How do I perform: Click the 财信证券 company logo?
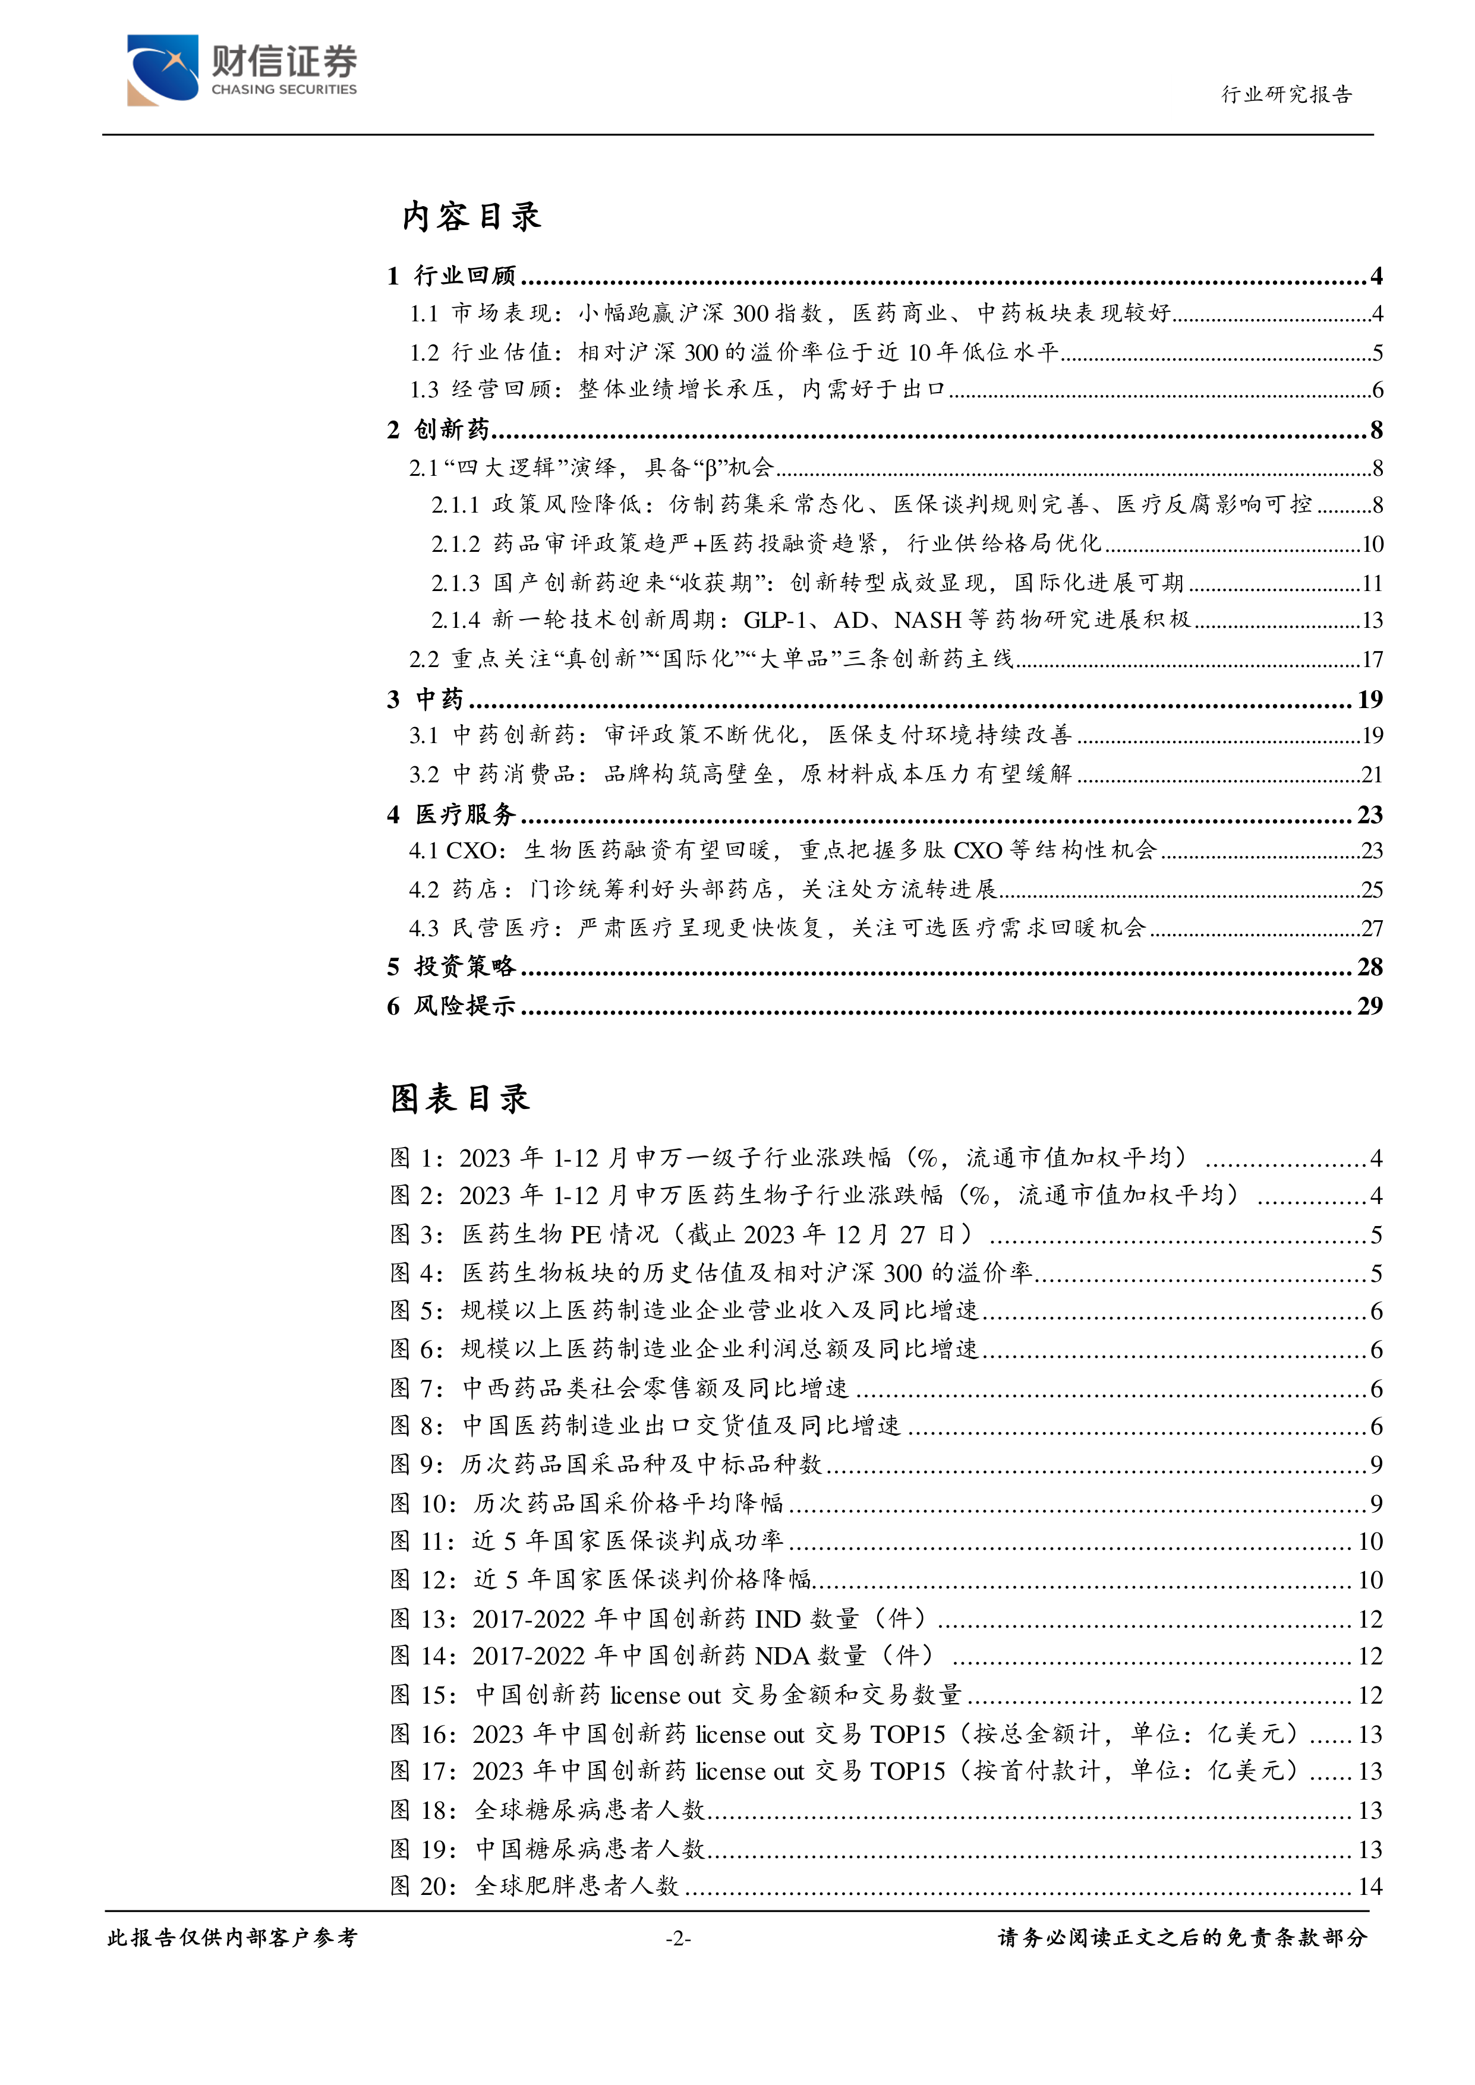242,70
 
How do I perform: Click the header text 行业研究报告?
1286,94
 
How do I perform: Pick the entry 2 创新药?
439,429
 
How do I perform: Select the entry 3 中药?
426,699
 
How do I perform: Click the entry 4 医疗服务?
452,814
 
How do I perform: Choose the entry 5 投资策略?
452,966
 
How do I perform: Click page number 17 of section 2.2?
1372,659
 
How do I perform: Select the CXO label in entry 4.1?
471,851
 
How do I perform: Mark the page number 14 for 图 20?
1370,1887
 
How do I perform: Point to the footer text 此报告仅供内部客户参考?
232,1938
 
